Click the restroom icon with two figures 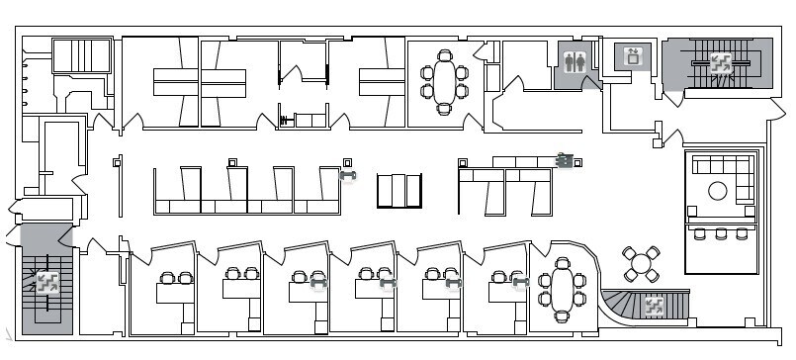pos(575,59)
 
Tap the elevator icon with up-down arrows pos(631,56)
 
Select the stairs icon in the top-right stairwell pos(719,62)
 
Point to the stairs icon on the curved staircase pos(654,305)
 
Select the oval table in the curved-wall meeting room pos(563,289)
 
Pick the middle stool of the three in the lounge pos(721,234)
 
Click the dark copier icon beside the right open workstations pos(565,159)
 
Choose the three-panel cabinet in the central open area pos(400,191)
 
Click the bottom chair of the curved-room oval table pos(563,316)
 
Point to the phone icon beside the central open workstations pos(347,176)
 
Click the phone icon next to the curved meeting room pos(520,284)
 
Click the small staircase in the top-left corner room pos(80,55)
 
